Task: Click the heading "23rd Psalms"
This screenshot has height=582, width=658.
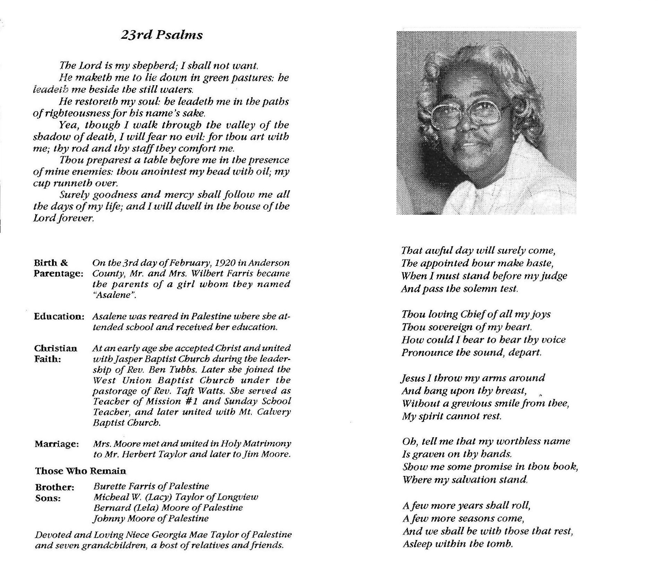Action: (x=162, y=35)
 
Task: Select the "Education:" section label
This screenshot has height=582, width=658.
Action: (x=59, y=316)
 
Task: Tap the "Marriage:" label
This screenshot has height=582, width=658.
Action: (x=57, y=444)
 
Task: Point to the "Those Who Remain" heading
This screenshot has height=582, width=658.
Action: (x=80, y=471)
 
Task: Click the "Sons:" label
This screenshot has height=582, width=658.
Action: (x=48, y=498)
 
